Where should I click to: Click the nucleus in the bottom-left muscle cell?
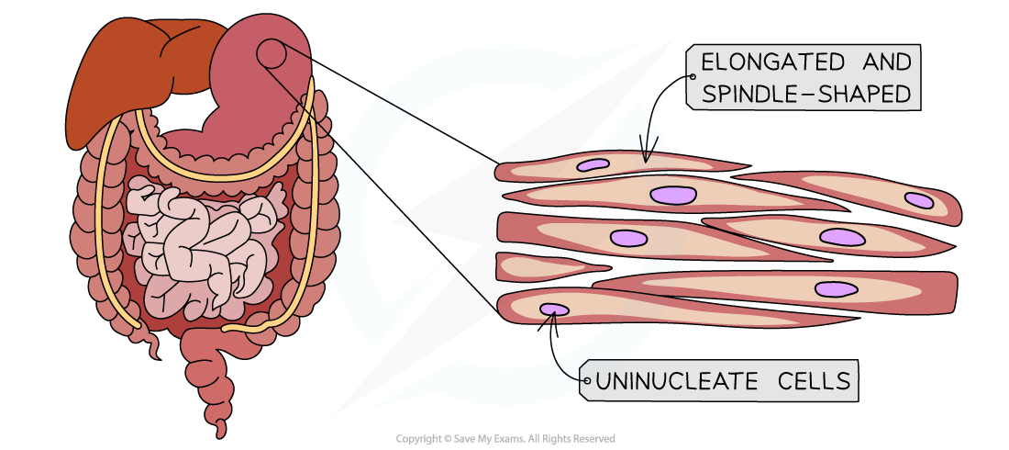click(x=553, y=309)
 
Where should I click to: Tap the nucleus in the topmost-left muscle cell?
click(x=593, y=165)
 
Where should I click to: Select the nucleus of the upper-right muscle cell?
click(x=918, y=199)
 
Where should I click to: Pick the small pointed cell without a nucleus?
click(x=541, y=266)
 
